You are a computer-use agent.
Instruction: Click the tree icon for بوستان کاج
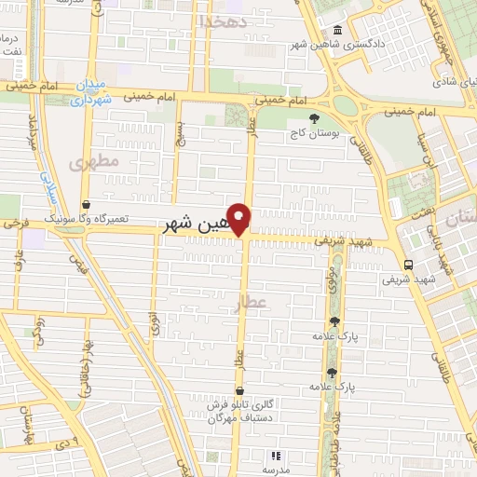click(x=315, y=118)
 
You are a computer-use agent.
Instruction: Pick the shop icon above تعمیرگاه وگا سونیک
click(x=86, y=203)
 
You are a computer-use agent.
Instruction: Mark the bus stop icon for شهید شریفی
click(x=408, y=264)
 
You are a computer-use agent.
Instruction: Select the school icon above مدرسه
click(x=275, y=457)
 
